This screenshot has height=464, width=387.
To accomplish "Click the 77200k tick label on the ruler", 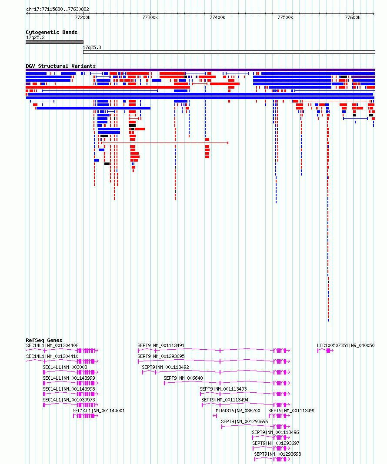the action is pyautogui.click(x=83, y=17).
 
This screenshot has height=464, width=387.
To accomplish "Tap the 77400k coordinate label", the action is pyautogui.click(x=217, y=17).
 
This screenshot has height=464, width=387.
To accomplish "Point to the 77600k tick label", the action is pyautogui.click(x=353, y=17).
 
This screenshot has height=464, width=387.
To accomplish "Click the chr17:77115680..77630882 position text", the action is pyautogui.click(x=57, y=9).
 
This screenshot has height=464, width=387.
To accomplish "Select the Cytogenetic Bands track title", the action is pyautogui.click(x=51, y=32).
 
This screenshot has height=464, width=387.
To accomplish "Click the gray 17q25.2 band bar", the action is pyautogui.click(x=54, y=42).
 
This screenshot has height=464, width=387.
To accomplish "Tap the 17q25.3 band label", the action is pyautogui.click(x=92, y=47).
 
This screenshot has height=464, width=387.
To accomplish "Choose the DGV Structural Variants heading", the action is pyautogui.click(x=61, y=66).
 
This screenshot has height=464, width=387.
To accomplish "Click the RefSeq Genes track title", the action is pyautogui.click(x=44, y=340).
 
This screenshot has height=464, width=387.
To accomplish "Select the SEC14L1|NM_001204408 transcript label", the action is pyautogui.click(x=53, y=345).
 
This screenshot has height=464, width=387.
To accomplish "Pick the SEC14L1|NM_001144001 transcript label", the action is pyautogui.click(x=99, y=411).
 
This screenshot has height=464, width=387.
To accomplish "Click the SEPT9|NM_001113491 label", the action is pyautogui.click(x=161, y=345).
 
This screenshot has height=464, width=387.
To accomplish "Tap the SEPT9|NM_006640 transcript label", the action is pyautogui.click(x=183, y=378).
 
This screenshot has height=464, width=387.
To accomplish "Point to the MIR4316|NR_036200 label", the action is pyautogui.click(x=238, y=411).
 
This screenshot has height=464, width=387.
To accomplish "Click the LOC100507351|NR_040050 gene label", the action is pyautogui.click(x=346, y=345).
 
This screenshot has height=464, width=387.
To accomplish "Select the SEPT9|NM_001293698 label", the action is pyautogui.click(x=277, y=454).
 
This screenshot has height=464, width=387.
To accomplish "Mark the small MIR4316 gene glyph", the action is pyautogui.click(x=215, y=416).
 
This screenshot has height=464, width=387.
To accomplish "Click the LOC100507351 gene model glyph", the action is pyautogui.click(x=325, y=351).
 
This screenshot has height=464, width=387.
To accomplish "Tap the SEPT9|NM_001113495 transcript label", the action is pyautogui.click(x=292, y=411).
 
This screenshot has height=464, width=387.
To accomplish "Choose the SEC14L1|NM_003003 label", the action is pyautogui.click(x=65, y=367).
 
